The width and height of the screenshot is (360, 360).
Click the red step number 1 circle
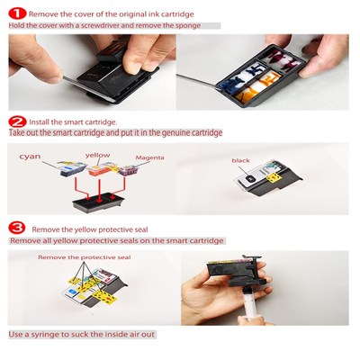(16, 13)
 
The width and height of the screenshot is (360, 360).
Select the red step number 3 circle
(16, 228)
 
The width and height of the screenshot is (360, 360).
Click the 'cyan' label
(31, 156)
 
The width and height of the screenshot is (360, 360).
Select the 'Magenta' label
(148, 157)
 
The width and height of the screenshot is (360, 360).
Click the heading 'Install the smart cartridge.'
(75, 120)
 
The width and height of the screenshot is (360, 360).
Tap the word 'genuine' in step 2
(172, 133)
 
